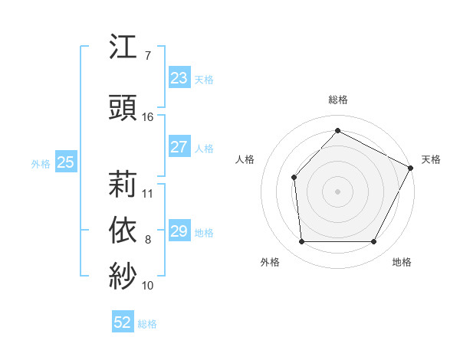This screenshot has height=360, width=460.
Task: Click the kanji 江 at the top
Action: click(x=123, y=48)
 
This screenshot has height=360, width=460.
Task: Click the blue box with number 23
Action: click(x=179, y=78)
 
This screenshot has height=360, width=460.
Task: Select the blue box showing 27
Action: click(x=179, y=147)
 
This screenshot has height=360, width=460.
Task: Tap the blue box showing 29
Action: click(x=179, y=231)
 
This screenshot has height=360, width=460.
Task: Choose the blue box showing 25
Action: click(x=66, y=162)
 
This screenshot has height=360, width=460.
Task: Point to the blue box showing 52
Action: click(x=123, y=322)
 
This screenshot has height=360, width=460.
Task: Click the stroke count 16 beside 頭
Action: click(x=148, y=117)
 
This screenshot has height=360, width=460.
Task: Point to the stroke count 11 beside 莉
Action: click(x=148, y=193)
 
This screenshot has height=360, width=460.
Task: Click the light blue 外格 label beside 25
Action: click(x=41, y=163)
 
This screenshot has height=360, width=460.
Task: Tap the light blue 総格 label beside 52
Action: click(x=147, y=324)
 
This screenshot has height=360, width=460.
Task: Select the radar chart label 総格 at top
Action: click(x=338, y=100)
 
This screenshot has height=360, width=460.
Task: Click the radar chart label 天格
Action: click(x=431, y=159)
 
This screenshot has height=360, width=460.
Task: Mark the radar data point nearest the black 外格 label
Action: click(x=301, y=242)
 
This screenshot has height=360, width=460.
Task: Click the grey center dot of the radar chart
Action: click(x=337, y=191)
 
